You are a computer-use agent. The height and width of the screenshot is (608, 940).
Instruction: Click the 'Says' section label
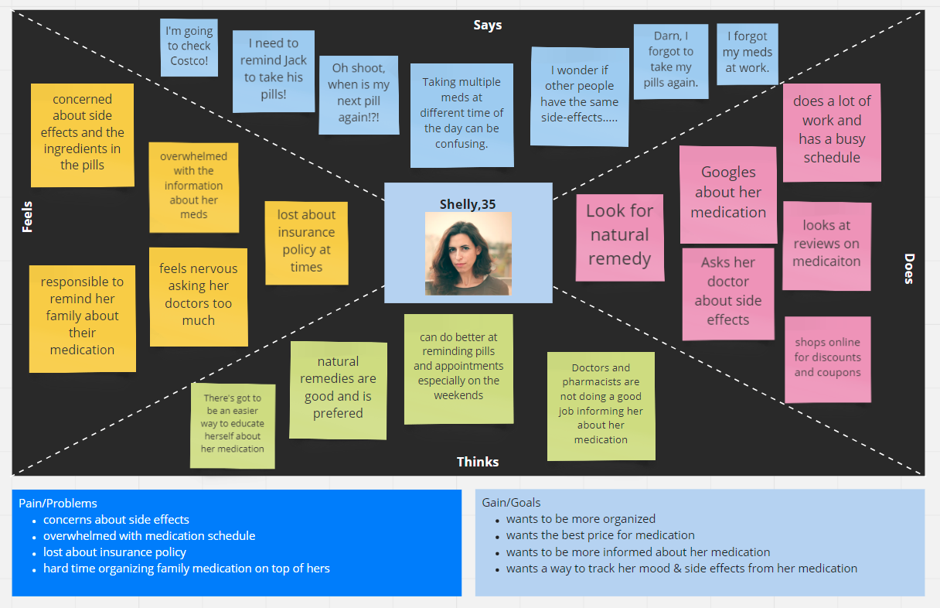(487, 26)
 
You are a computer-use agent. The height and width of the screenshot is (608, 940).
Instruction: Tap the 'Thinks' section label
(478, 462)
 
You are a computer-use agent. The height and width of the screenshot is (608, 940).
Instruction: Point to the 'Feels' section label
(27, 217)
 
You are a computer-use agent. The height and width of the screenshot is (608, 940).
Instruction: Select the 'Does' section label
(908, 268)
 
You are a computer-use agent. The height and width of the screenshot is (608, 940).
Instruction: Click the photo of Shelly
(468, 254)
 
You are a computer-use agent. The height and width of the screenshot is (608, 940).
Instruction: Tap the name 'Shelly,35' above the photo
(468, 204)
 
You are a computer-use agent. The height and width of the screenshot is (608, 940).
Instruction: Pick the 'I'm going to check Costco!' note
(189, 47)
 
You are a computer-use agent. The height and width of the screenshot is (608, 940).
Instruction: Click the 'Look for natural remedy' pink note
(619, 237)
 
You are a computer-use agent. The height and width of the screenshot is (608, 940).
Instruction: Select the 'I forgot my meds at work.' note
(748, 53)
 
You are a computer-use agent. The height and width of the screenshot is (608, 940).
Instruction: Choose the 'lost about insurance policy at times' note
(306, 243)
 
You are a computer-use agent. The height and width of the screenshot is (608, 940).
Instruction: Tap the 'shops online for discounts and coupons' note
(828, 360)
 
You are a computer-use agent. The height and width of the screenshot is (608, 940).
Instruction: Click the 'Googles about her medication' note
(728, 194)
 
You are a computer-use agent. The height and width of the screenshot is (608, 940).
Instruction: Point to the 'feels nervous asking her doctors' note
(199, 297)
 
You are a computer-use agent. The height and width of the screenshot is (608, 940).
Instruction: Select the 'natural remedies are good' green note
(338, 390)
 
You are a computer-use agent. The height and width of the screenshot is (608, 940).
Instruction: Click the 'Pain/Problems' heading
(58, 503)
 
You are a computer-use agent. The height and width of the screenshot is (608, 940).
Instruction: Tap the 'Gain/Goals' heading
(511, 503)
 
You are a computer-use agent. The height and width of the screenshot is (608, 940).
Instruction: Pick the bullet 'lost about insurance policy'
(114, 552)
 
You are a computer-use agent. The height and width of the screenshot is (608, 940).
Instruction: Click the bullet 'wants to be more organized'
(581, 519)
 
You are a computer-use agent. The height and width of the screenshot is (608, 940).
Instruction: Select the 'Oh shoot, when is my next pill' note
(359, 95)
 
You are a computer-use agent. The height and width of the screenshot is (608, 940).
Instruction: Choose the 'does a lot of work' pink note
(832, 133)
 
